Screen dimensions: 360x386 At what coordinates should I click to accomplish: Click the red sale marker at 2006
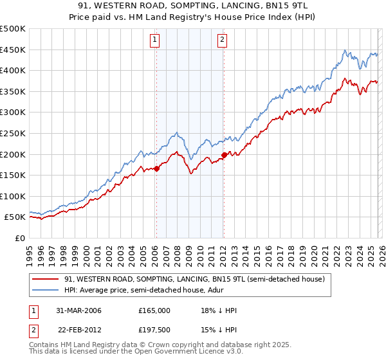(156, 169)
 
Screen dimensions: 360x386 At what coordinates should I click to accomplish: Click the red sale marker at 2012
(223, 155)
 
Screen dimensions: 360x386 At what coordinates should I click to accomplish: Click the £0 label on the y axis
(21, 238)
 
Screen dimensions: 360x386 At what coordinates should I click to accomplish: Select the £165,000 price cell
(154, 311)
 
